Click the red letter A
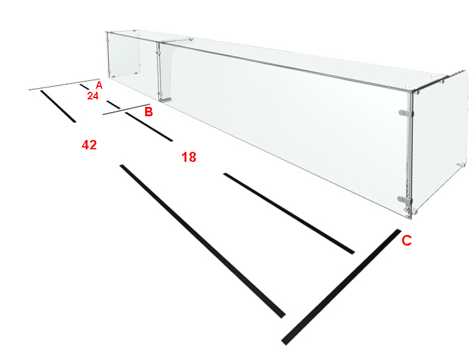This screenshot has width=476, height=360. [x=99, y=85]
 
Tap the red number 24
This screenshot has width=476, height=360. [x=93, y=96]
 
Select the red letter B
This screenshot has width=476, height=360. [x=148, y=112]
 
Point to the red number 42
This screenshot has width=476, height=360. [x=89, y=145]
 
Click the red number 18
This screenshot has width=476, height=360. [x=189, y=157]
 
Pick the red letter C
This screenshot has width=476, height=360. [x=407, y=241]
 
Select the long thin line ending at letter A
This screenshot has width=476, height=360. [x=64, y=84]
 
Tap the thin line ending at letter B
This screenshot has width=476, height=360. [x=126, y=109]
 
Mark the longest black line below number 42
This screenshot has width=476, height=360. [x=203, y=241]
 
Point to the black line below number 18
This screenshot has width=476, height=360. [x=289, y=214]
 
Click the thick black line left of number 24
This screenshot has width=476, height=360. [x=58, y=106]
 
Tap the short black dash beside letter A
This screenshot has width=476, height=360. [x=84, y=87]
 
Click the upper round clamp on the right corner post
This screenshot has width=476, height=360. [x=405, y=113]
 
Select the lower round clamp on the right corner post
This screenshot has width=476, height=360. [x=405, y=199]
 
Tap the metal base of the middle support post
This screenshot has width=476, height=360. [x=166, y=99]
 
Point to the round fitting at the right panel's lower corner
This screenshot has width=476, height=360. [x=461, y=164]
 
